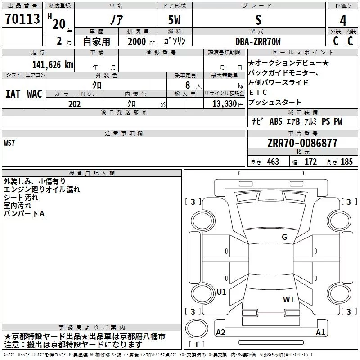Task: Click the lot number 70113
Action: pos(22,20)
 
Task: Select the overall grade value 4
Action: pos(343,20)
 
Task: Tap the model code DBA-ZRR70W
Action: pos(258,41)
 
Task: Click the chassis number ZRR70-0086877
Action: pos(302,143)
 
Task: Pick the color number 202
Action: pos(74,104)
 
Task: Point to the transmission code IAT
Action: pos(13,94)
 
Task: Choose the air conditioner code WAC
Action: pos(35,94)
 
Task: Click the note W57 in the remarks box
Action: pos(10,144)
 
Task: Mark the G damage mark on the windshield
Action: pos(284,237)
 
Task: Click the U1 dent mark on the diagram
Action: pos(221,292)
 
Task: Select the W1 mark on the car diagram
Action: pos(288,299)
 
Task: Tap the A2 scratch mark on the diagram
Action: pos(220,333)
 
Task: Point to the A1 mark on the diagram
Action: pos(320,333)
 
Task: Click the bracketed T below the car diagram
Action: pos(197,345)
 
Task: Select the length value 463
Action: pos(273,162)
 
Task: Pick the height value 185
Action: pos(346,162)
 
